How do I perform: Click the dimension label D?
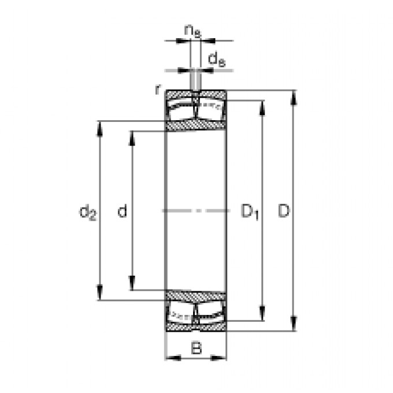284,211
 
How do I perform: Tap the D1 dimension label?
250,212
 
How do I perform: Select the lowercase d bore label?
123,211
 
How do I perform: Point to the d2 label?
88,212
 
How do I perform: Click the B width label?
196,348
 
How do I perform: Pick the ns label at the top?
192,31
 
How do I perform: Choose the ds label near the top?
217,60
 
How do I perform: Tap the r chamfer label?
158,90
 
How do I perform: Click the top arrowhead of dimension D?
294,97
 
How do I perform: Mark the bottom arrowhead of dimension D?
294,324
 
